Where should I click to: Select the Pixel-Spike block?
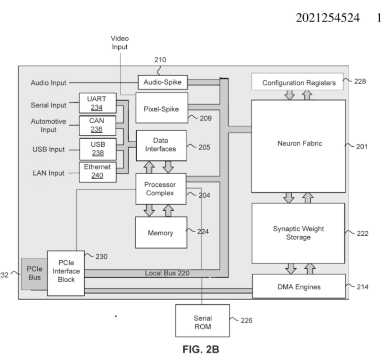(162, 108)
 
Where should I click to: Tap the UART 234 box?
(97, 103)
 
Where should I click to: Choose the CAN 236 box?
(97, 125)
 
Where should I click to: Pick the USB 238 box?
(97, 149)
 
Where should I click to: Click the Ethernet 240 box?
(97, 171)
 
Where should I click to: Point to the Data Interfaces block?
(161, 145)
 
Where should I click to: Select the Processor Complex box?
(161, 189)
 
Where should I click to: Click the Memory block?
(161, 232)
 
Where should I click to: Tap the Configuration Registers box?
(299, 83)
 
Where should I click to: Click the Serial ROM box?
(202, 321)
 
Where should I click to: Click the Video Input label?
(119, 42)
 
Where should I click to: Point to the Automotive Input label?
(49, 125)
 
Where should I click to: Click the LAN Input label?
(48, 173)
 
